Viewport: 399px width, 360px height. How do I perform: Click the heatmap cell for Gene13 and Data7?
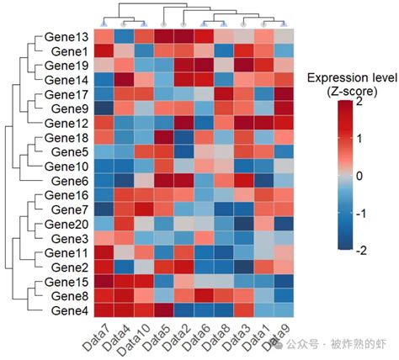pyautogui.click(x=103, y=36)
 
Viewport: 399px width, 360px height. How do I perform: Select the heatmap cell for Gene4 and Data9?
pyautogui.click(x=285, y=310)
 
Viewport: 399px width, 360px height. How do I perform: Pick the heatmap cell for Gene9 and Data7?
pyautogui.click(x=103, y=109)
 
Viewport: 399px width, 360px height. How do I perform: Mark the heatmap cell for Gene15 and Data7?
pyautogui.click(x=103, y=281)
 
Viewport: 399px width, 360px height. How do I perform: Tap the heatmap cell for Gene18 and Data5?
pyautogui.click(x=163, y=137)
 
